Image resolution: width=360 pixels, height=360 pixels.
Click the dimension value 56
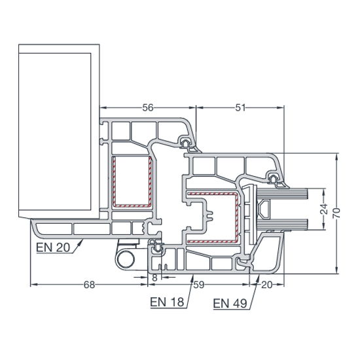pyautogui.click(x=147, y=108)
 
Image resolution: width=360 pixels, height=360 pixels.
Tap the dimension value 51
pyautogui.click(x=240, y=108)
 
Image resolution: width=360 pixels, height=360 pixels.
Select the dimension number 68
pyautogui.click(x=89, y=285)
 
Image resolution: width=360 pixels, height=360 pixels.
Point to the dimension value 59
pyautogui.click(x=199, y=285)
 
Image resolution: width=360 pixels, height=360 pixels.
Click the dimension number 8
pyautogui.click(x=155, y=278)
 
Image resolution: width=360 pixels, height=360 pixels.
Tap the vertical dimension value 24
pyautogui.click(x=324, y=209)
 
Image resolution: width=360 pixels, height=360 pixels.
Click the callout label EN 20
pyautogui.click(x=53, y=247)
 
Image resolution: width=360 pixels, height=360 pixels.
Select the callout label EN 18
pyautogui.click(x=167, y=302)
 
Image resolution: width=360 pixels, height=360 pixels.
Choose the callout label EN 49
pyautogui.click(x=230, y=304)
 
